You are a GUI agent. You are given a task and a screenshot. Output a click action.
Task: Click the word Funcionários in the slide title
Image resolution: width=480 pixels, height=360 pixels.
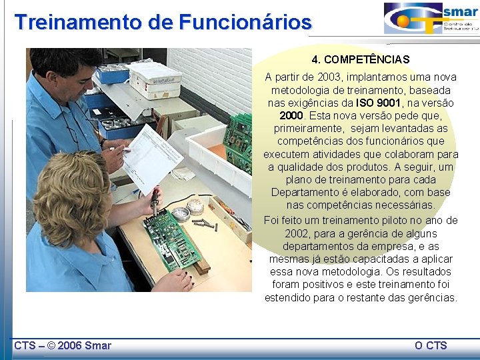tap(245, 22)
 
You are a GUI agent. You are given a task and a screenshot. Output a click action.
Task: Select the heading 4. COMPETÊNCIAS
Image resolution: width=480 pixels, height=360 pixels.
tap(361, 59)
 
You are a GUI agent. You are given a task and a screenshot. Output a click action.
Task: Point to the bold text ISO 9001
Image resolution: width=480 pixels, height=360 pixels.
tap(379, 103)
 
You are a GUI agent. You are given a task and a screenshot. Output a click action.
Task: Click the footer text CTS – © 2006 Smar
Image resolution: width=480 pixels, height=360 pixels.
tap(63, 345)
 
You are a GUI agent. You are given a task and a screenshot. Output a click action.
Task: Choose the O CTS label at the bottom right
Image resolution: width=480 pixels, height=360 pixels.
tap(431, 345)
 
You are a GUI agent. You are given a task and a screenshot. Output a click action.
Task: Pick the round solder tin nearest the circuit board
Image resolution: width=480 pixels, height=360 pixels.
tap(180, 214)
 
